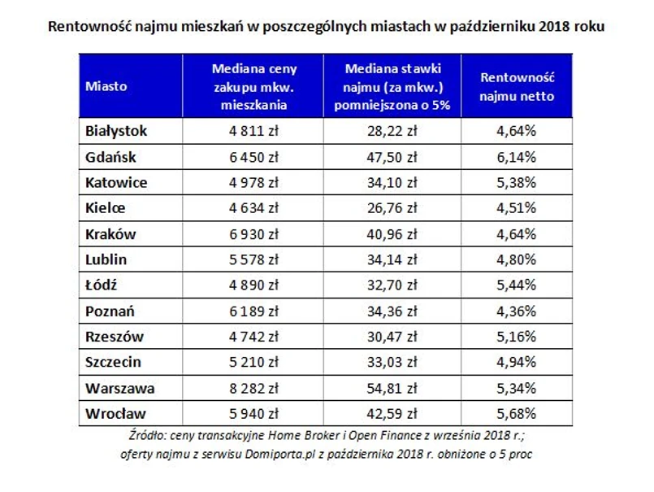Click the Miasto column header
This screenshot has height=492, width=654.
coord(106,86)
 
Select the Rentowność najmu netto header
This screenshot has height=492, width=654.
coord(517,86)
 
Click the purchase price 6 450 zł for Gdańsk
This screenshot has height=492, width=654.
coord(253,157)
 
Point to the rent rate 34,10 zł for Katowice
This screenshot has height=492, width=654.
coord(392,183)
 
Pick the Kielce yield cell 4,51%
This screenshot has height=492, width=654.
coord(517,208)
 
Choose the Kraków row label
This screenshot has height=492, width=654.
coord(110,234)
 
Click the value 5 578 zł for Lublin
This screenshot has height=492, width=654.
coord(253,259)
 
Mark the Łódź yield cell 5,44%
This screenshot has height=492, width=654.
coord(517,285)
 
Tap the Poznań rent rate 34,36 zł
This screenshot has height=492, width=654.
coord(392,311)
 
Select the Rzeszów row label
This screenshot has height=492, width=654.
coord(114,337)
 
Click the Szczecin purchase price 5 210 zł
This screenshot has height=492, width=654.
coord(253,363)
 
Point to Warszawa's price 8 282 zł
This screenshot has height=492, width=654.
coord(253,388)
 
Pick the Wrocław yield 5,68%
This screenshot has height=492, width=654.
coord(517,414)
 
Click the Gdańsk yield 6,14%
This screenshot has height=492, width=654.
coord(517,157)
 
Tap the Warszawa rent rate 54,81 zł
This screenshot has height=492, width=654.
coord(392,388)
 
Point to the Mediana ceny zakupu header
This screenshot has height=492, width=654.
coord(253,86)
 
